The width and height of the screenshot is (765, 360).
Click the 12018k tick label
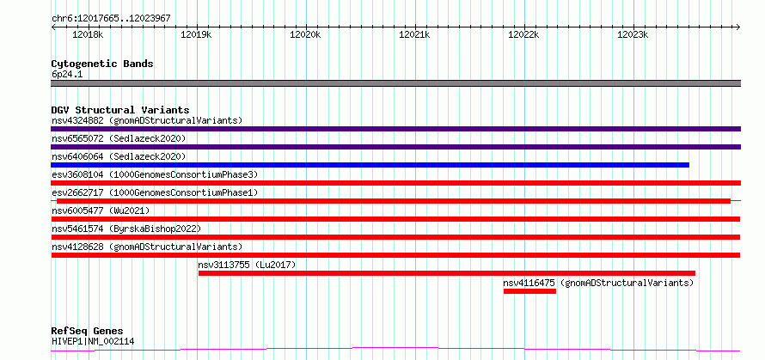(x=88, y=34)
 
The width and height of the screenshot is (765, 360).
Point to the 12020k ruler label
(x=305, y=34)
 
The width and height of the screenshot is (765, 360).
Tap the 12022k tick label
(x=524, y=34)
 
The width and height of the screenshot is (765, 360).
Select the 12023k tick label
(x=633, y=34)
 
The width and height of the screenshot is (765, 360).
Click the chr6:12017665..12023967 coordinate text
(x=111, y=19)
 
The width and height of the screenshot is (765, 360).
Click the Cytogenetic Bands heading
(x=102, y=64)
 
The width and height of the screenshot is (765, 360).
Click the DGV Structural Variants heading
(x=120, y=110)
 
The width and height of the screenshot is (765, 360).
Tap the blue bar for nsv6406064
(x=370, y=165)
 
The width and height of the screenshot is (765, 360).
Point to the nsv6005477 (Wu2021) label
(x=101, y=211)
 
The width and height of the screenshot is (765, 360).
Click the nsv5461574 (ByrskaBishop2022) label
(x=126, y=229)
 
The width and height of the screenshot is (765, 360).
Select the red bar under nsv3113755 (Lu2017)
(x=447, y=273)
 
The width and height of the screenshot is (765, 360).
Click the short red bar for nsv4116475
(x=529, y=291)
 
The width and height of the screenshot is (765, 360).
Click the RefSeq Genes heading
(x=88, y=332)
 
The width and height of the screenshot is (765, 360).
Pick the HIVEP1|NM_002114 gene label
(x=93, y=341)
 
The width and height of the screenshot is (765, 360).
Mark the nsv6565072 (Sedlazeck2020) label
(x=119, y=138)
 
